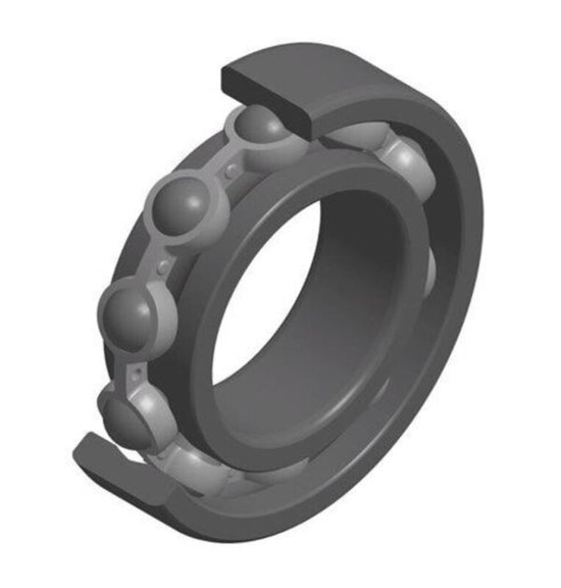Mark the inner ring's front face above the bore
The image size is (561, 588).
(309, 173)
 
